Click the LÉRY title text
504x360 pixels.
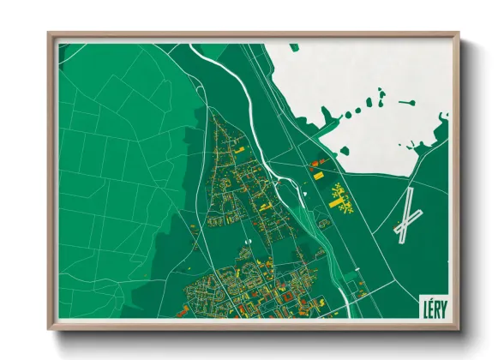pyautogui.click(x=434, y=306)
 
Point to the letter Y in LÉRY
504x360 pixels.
pyautogui.click(x=443, y=306)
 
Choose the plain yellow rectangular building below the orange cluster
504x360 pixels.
pyautogui.click(x=318, y=176)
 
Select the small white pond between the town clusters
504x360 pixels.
pyautogui.click(x=245, y=243)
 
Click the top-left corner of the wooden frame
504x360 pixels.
pyautogui.click(x=50, y=35)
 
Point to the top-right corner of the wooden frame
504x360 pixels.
pyautogui.click(x=458, y=35)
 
